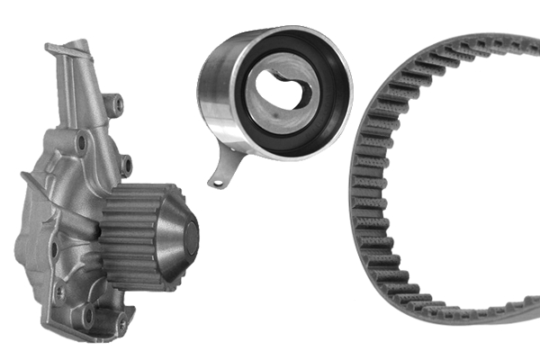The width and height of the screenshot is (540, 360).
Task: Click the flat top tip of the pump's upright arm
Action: tap(79, 45)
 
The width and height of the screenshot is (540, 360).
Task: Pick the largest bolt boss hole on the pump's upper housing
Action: tap(83, 141)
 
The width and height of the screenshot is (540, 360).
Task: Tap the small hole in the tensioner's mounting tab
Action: tap(216, 181)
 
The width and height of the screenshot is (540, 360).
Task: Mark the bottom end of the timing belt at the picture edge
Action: tap(531, 314)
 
